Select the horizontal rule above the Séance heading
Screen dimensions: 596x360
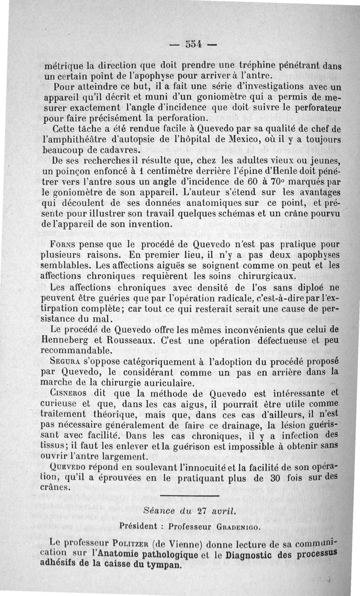tap(189, 497)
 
